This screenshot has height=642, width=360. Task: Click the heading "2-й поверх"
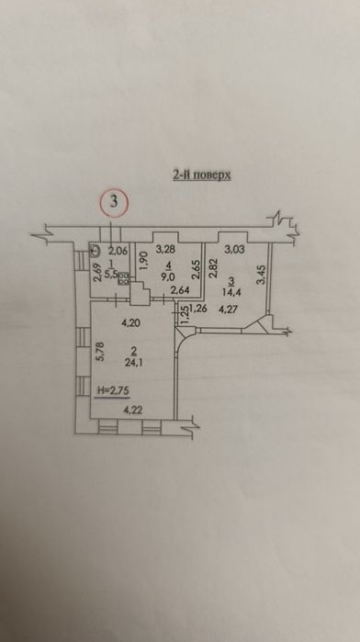pos(201,175)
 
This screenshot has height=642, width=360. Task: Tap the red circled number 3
pos(114,202)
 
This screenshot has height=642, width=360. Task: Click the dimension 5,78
pos(100,351)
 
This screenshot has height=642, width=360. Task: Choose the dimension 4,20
pos(131,323)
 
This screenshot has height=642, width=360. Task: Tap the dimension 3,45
pos(263,276)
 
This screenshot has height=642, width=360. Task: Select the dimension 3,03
pos(233,249)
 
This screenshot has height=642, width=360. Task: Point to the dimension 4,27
pos(242,309)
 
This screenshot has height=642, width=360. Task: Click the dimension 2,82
pos(211,268)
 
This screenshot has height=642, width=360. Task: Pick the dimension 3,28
pos(166,249)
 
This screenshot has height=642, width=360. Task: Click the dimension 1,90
pos(144,263)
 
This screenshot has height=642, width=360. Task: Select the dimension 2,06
pos(118,248)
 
